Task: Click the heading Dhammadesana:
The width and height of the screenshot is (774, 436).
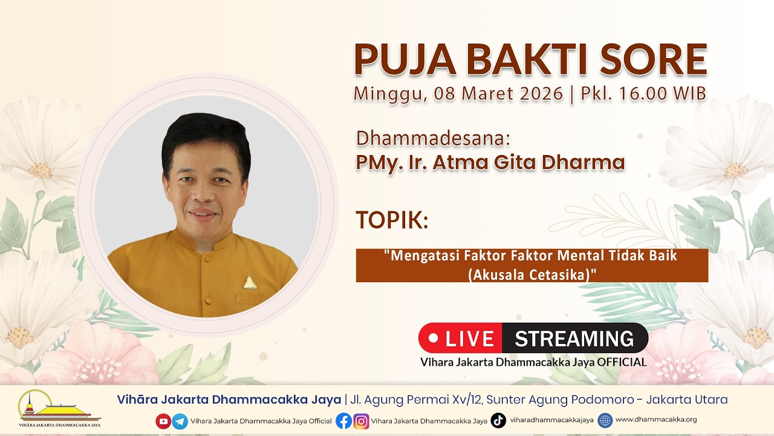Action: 433,138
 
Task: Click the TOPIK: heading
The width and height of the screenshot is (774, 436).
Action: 392,220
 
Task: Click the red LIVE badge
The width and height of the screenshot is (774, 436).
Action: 461,338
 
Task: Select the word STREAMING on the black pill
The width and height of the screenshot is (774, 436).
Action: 574,339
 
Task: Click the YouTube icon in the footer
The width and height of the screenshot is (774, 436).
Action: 163,421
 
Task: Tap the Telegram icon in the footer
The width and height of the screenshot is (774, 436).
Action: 180,421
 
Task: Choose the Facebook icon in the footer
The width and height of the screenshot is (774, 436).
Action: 343,421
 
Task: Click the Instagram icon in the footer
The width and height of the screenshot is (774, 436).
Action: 361,421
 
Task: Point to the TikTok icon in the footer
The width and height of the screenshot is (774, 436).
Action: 498,420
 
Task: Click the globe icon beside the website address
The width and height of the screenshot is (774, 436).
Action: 605,420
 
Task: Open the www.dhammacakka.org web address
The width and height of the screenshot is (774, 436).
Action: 656,420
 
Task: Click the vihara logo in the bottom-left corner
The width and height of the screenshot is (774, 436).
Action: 59,408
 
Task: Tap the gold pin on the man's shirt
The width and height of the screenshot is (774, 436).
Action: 250,282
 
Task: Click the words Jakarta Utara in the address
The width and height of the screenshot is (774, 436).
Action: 687,400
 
